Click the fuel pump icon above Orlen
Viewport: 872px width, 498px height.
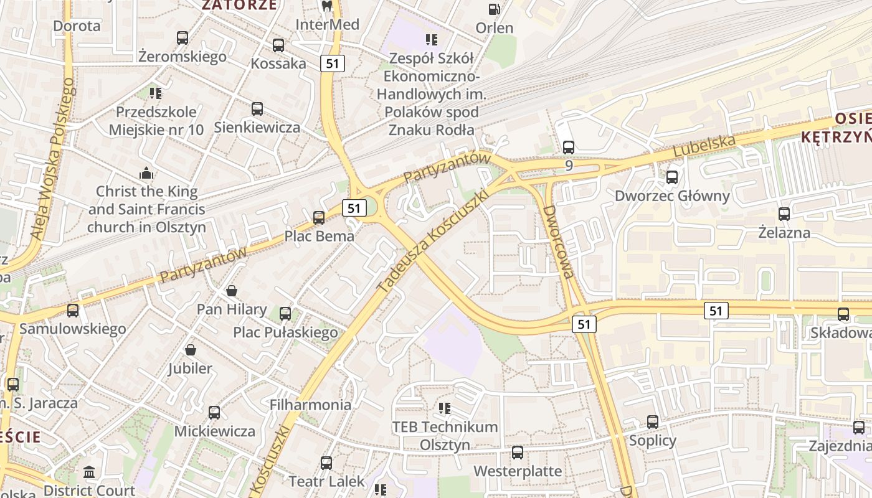pyautogui.click(x=494, y=9)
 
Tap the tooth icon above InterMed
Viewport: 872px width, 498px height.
pyautogui.click(x=326, y=6)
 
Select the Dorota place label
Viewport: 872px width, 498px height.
pyautogui.click(x=77, y=26)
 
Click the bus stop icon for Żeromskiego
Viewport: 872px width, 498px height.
pyautogui.click(x=182, y=38)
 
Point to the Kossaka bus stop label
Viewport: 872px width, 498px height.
pyautogui.click(x=278, y=63)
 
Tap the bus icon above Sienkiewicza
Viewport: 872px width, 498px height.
pyautogui.click(x=257, y=109)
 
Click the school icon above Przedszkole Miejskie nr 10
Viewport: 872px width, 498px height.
pyautogui.click(x=156, y=93)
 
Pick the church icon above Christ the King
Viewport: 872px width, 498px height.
pyautogui.click(x=146, y=173)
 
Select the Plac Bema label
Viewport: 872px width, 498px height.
pyautogui.click(x=319, y=236)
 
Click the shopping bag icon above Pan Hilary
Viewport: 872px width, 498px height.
pyautogui.click(x=232, y=291)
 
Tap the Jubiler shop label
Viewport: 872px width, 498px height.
pyautogui.click(x=190, y=369)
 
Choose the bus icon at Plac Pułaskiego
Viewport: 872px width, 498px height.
pyautogui.click(x=285, y=313)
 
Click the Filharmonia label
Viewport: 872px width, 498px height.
pyautogui.click(x=310, y=405)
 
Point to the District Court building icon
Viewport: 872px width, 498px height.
pyautogui.click(x=89, y=472)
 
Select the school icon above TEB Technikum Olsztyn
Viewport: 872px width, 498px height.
pyautogui.click(x=445, y=408)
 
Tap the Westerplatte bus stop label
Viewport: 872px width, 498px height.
pyautogui.click(x=518, y=471)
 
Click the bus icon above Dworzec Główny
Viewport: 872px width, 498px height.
pyautogui.click(x=672, y=177)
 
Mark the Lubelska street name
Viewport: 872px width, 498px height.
pyautogui.click(x=704, y=146)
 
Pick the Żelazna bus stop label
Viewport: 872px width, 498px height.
pyautogui.click(x=784, y=233)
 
